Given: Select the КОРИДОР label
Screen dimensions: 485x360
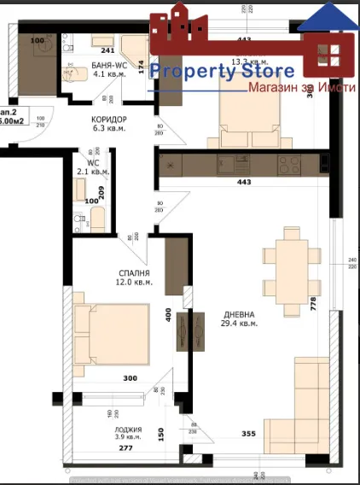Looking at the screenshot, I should coord(108,119).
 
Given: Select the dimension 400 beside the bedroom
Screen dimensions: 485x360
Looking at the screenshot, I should coord(169,315).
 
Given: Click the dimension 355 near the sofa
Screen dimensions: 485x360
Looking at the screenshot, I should coord(248,434).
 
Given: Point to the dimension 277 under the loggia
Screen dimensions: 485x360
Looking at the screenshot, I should coord(125,448).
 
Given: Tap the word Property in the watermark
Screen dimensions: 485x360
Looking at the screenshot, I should coord(189,72).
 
